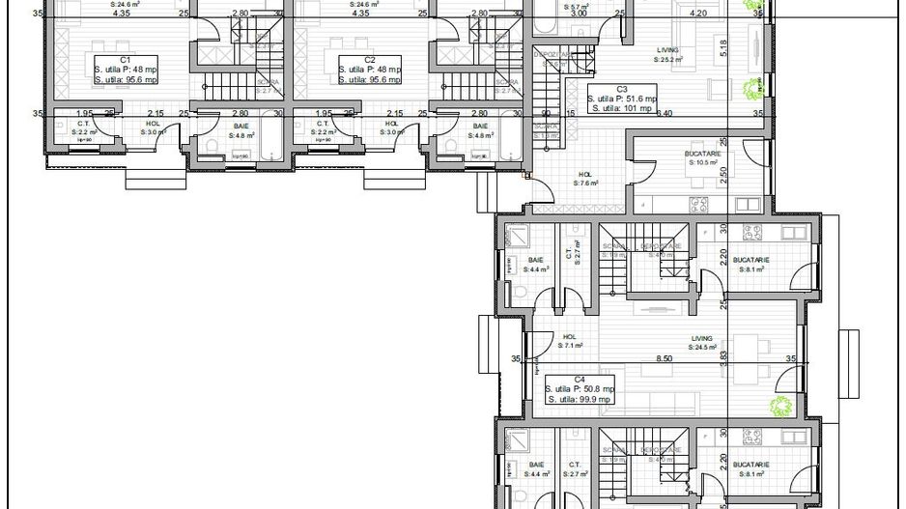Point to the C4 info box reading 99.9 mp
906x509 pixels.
[x=580, y=389]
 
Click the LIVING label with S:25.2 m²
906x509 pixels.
[x=666, y=54]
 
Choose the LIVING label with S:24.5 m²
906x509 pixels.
[x=701, y=342]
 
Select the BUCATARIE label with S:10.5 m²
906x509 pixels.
[x=706, y=158]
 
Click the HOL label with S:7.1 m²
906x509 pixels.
[x=568, y=341]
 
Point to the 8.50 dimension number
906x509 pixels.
[x=664, y=358]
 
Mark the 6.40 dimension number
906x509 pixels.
[x=664, y=113]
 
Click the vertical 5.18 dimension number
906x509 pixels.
[x=750, y=43]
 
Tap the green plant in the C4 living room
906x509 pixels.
[x=778, y=406]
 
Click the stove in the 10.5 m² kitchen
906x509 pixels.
[x=696, y=203]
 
